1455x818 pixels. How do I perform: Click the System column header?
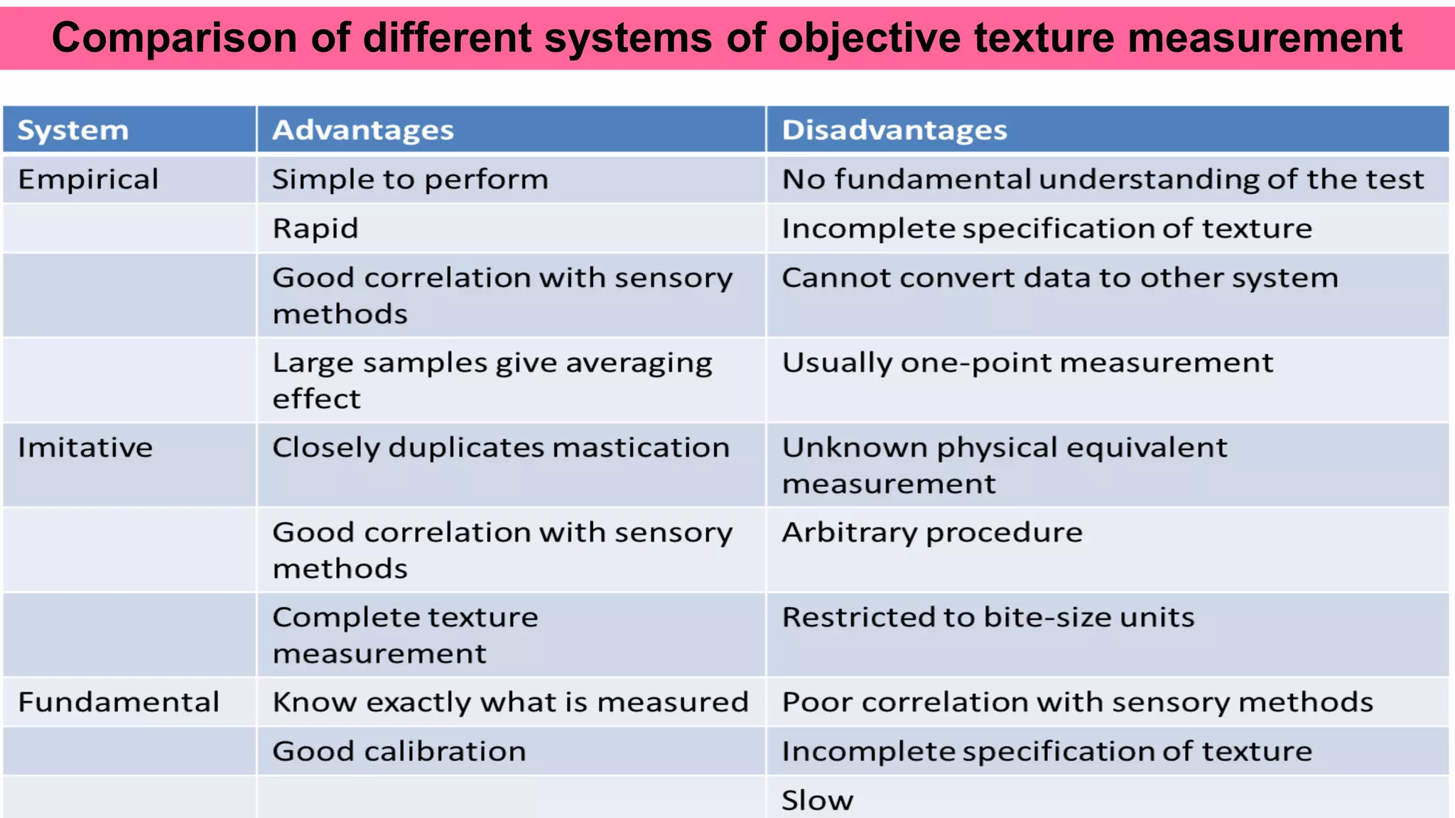pos(73,131)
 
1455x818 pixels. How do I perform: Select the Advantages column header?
pos(363,131)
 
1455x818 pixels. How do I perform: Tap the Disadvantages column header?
pos(894,131)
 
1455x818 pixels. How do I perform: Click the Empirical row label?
pos(88,180)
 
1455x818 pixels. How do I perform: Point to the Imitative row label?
pos(85,448)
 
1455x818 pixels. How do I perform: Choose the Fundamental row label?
pos(119,702)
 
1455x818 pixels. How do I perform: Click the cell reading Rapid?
pos(315,229)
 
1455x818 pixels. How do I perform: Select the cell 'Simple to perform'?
pos(410,180)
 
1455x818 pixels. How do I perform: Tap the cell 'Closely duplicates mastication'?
pos(501,448)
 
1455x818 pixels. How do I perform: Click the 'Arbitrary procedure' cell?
pos(932,533)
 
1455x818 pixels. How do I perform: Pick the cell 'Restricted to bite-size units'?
pos(988,618)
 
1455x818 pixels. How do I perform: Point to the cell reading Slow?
pos(817,800)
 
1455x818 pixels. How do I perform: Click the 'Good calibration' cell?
pos(399,751)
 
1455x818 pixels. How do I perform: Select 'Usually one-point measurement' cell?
pos(1027,363)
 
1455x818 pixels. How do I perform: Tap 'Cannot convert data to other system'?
pos(1060,278)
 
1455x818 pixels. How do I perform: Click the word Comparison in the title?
pos(174,38)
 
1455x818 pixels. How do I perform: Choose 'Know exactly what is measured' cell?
pos(511,702)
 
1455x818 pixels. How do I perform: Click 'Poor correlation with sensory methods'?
pos(1078,702)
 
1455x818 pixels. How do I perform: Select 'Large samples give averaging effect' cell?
pos(492,381)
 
